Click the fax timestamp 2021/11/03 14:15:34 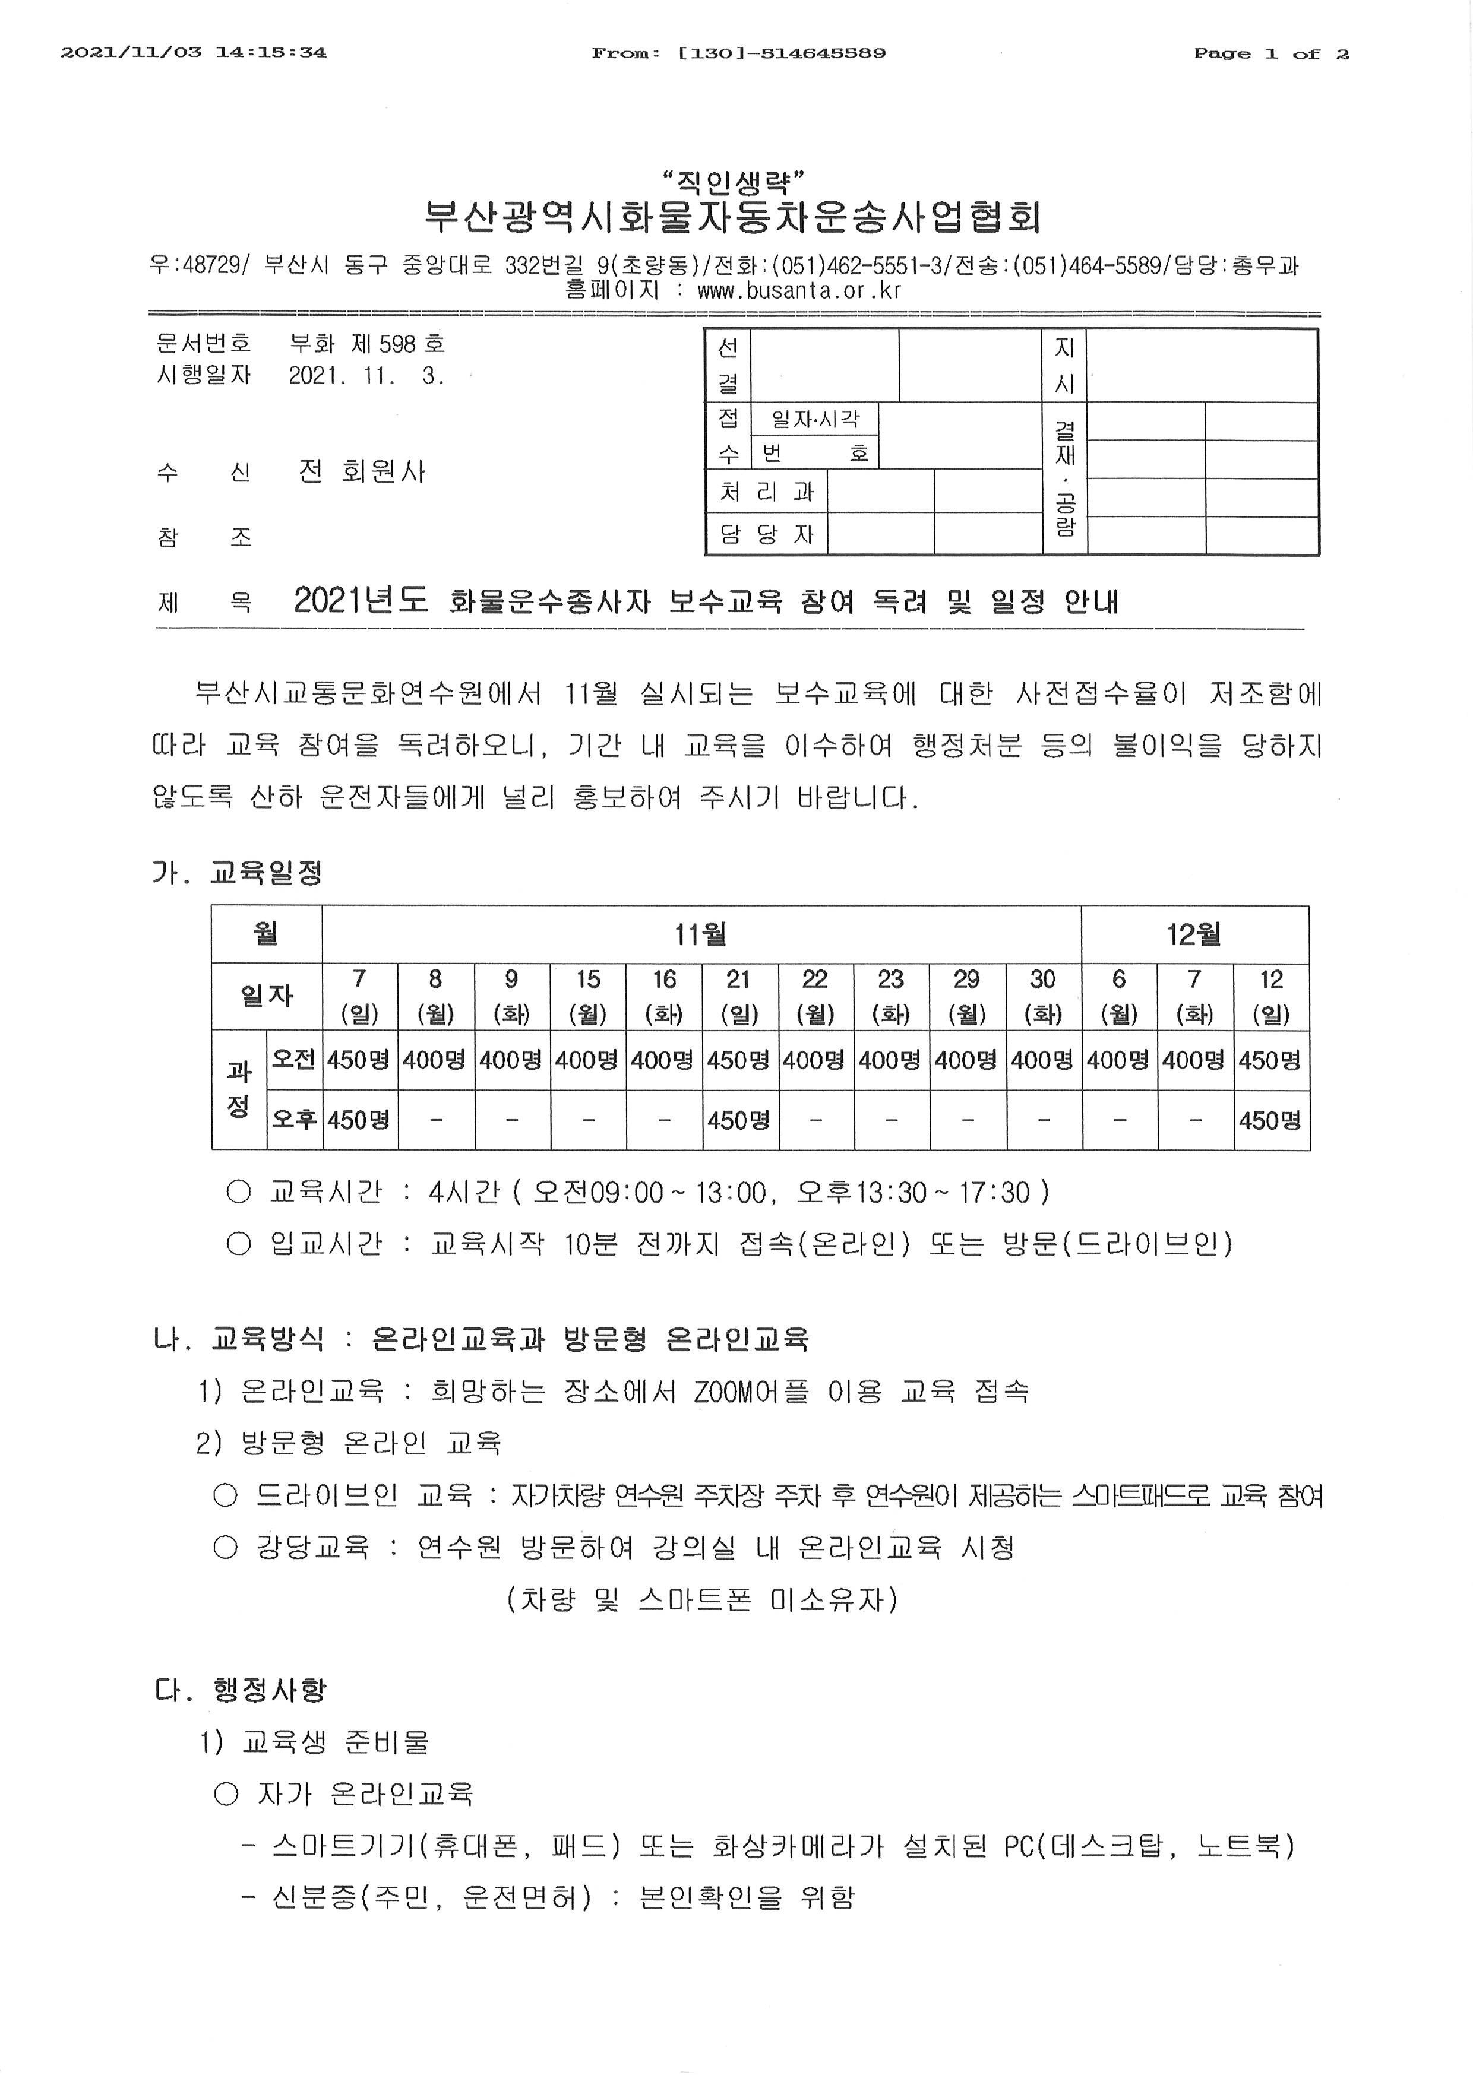pos(193,53)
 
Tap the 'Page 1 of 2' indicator pos(1270,53)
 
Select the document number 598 pos(397,344)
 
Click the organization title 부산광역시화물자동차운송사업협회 pos(733,217)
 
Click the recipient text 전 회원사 pos(362,471)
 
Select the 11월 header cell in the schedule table pos(700,933)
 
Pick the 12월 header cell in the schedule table pos(1194,933)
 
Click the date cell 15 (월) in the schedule pos(588,996)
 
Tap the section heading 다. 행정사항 pos(241,1690)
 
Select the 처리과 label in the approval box pos(766,492)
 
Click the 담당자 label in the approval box pos(766,534)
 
